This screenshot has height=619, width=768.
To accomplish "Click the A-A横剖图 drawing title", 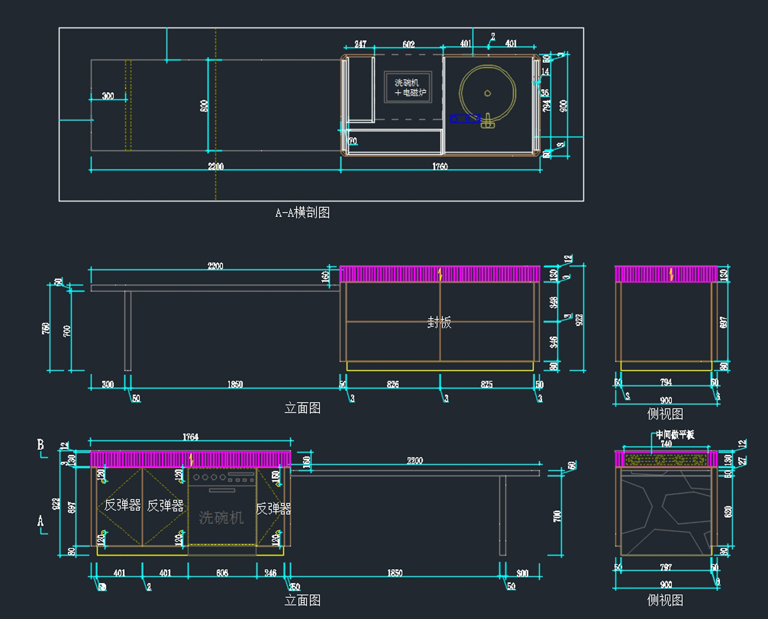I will [x=302, y=213].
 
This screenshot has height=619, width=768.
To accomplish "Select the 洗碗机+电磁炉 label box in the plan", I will [x=409, y=88].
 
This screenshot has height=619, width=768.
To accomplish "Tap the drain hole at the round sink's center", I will [x=487, y=93].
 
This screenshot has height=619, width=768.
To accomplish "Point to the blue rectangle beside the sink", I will [x=465, y=118].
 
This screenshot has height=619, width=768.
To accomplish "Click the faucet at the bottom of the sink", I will [x=488, y=121].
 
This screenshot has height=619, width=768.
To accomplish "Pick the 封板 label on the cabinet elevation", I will [x=439, y=323].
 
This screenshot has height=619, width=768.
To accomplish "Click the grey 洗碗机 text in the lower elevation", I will [x=221, y=517].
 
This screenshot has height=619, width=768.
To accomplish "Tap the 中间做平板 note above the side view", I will [x=675, y=435].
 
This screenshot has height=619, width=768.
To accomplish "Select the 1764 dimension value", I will [x=190, y=437].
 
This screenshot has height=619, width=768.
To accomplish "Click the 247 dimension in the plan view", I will [x=360, y=44].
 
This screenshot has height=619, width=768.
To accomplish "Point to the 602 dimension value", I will [x=408, y=44].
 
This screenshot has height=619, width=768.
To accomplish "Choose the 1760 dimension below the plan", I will [x=440, y=166].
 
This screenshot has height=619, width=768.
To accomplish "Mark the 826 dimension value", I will [x=392, y=384].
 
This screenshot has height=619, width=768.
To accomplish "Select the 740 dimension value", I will [x=666, y=444].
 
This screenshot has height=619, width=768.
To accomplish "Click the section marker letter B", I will [x=40, y=444].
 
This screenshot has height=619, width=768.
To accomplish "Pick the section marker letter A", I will [x=40, y=521].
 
